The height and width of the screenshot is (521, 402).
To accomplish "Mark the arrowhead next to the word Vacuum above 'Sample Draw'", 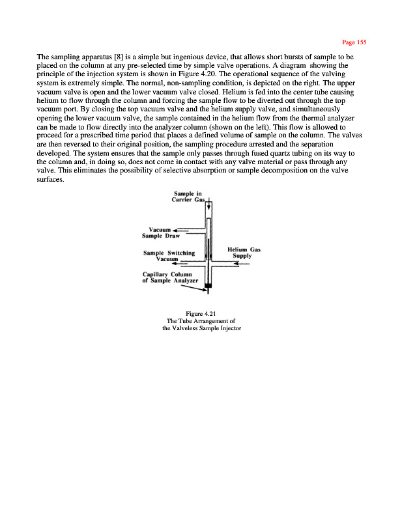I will [175, 229].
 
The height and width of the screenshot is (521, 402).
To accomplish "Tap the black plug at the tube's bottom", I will [208, 286].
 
